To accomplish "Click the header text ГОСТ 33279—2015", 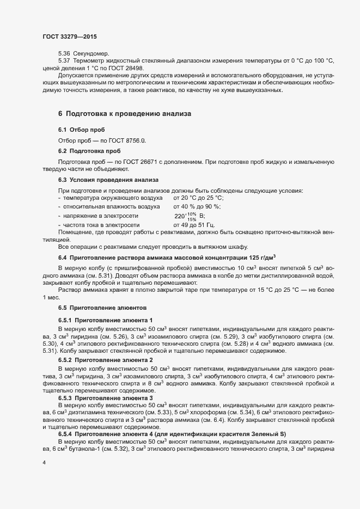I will (70, 36).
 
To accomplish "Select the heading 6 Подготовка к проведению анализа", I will (124, 114).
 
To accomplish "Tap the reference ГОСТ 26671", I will (123, 162).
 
